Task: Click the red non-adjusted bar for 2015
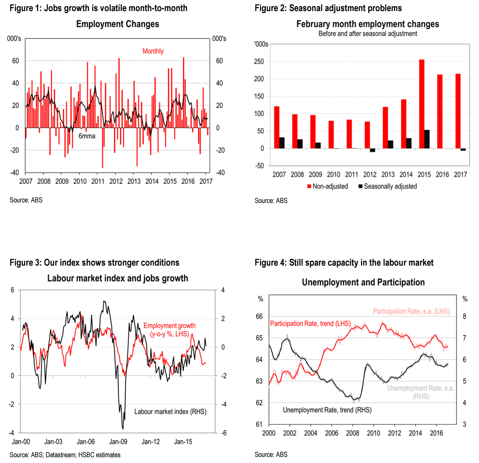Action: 422,104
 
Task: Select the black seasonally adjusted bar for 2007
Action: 282,143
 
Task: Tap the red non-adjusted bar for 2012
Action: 367,135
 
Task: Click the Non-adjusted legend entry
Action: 328,186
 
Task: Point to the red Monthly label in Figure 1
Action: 153,51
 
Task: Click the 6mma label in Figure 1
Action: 87,136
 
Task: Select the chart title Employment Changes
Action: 117,24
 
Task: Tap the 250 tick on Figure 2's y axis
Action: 259,62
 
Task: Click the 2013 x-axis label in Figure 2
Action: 388,175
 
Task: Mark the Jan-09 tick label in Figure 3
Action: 118,442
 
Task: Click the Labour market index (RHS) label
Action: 170,412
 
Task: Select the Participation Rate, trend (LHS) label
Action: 310,324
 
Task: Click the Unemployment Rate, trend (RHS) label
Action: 327,410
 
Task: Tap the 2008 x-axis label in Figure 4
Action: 352,433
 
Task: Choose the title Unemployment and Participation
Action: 363,282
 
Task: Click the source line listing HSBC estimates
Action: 65,455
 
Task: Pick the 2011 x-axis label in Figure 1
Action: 98,181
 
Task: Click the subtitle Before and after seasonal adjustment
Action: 368,34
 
